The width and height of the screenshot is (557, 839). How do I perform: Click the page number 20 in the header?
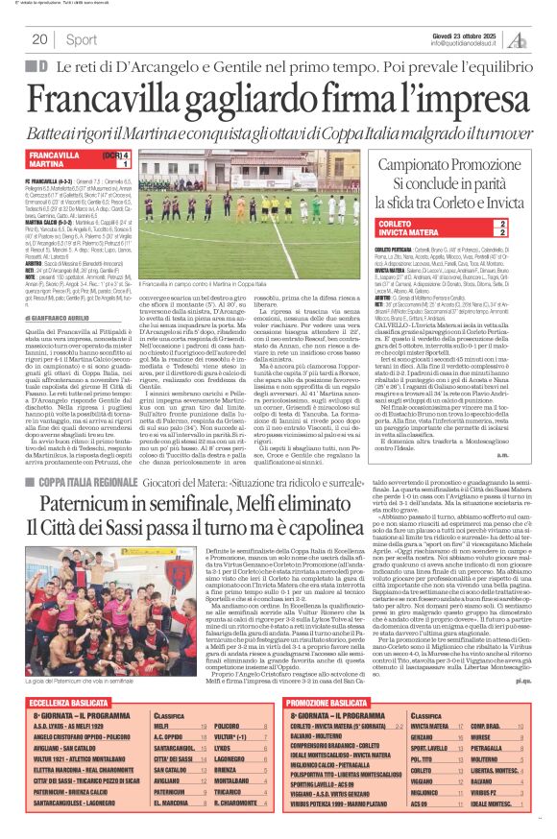tap(39, 39)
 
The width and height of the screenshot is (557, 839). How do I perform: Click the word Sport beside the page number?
tap(82, 39)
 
